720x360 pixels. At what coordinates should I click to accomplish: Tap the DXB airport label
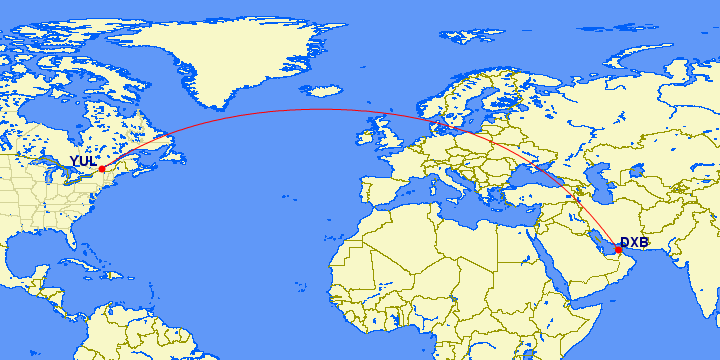coord(634,243)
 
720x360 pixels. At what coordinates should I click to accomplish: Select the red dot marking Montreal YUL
coord(102,169)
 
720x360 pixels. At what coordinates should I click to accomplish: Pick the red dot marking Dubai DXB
coord(618,250)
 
